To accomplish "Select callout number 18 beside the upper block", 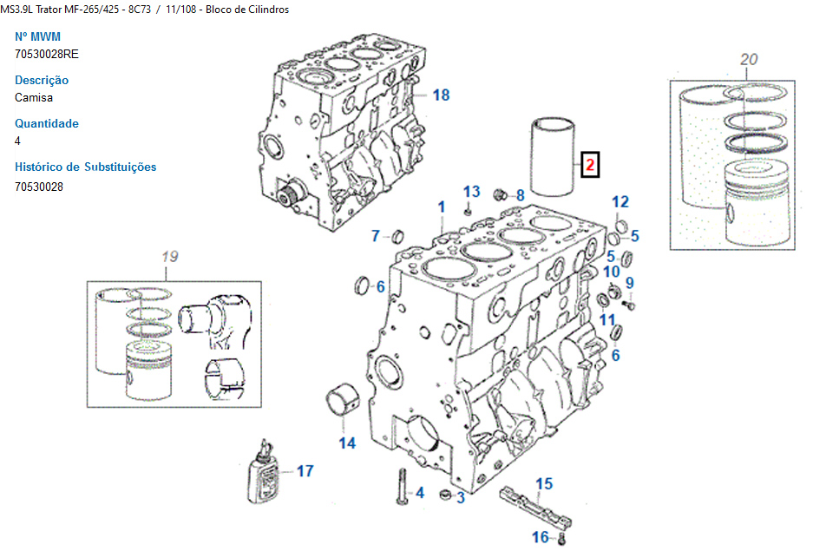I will [441, 95].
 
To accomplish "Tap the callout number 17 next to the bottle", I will [305, 471].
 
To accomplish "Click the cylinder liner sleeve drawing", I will [553, 159].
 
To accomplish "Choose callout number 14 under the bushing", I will [347, 443].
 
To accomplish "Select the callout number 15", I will [544, 484].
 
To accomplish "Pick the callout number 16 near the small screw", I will [541, 537].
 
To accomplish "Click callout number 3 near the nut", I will [461, 497].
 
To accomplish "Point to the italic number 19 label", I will [169, 256].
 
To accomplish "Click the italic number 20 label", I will [749, 59].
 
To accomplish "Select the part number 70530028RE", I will [47, 54].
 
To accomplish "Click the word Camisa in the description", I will [34, 97].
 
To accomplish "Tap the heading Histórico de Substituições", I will [86, 167].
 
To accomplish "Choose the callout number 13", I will [471, 191].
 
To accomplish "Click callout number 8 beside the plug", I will [520, 195].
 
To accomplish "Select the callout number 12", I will [620, 202].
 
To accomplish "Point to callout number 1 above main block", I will [441, 207].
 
